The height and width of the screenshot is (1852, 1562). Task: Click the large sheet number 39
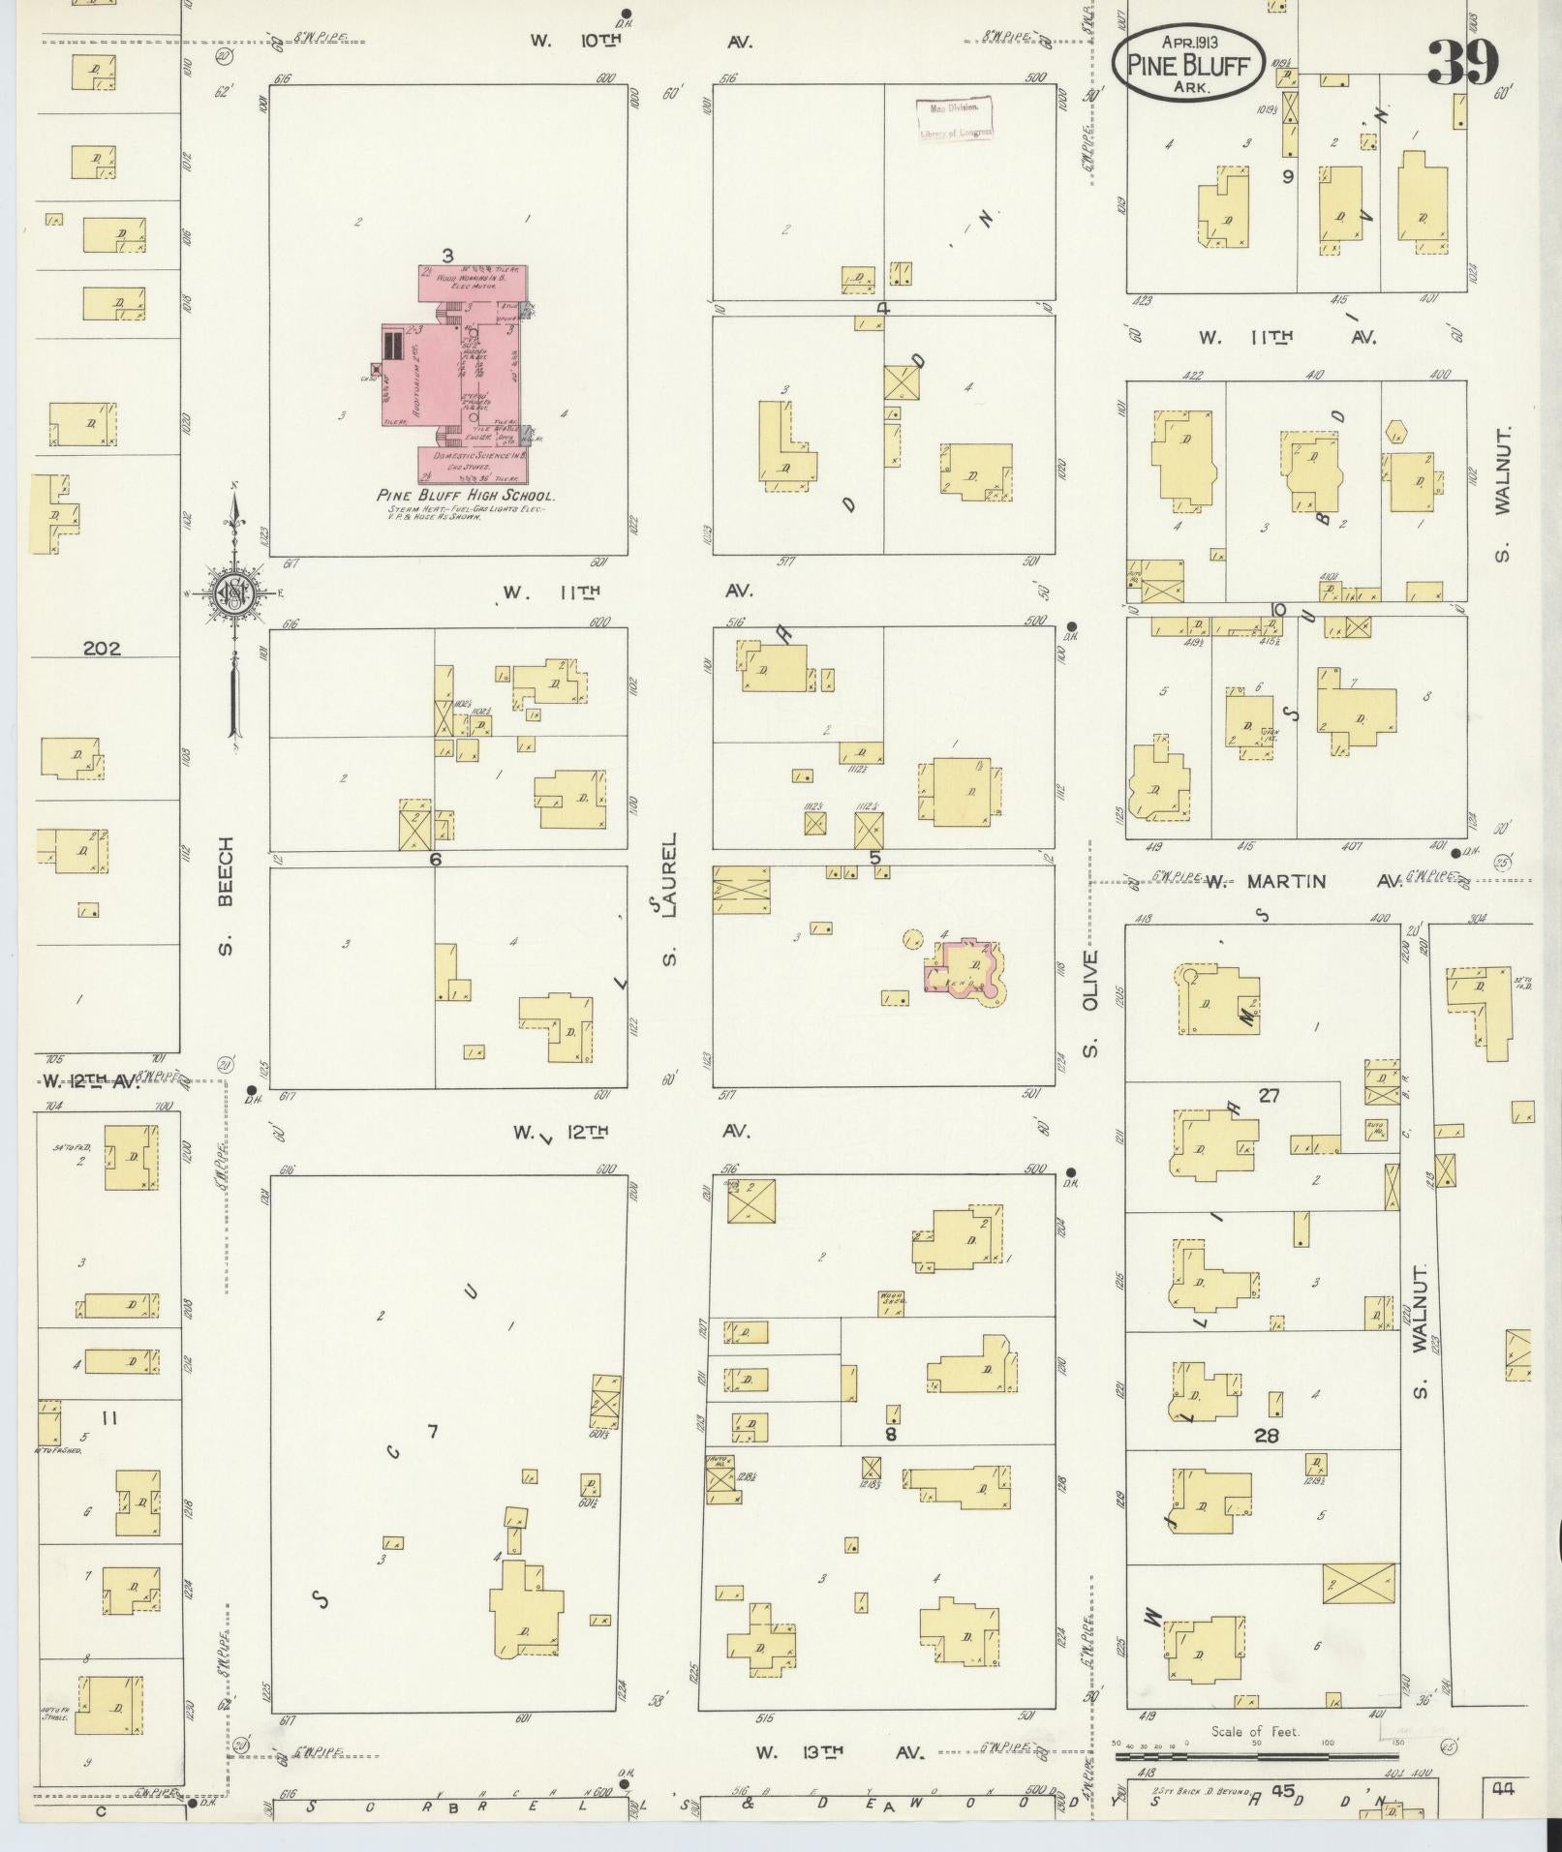coord(1462,63)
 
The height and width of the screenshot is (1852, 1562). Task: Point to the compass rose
coord(233,593)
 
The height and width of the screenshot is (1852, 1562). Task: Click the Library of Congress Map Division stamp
coord(955,120)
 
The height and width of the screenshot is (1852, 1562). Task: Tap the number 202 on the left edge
coord(102,649)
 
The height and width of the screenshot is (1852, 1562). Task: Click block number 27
coord(1269,1095)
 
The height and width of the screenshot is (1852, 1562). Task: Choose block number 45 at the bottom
coord(1283,1791)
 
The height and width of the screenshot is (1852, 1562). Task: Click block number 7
coord(432,1432)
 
